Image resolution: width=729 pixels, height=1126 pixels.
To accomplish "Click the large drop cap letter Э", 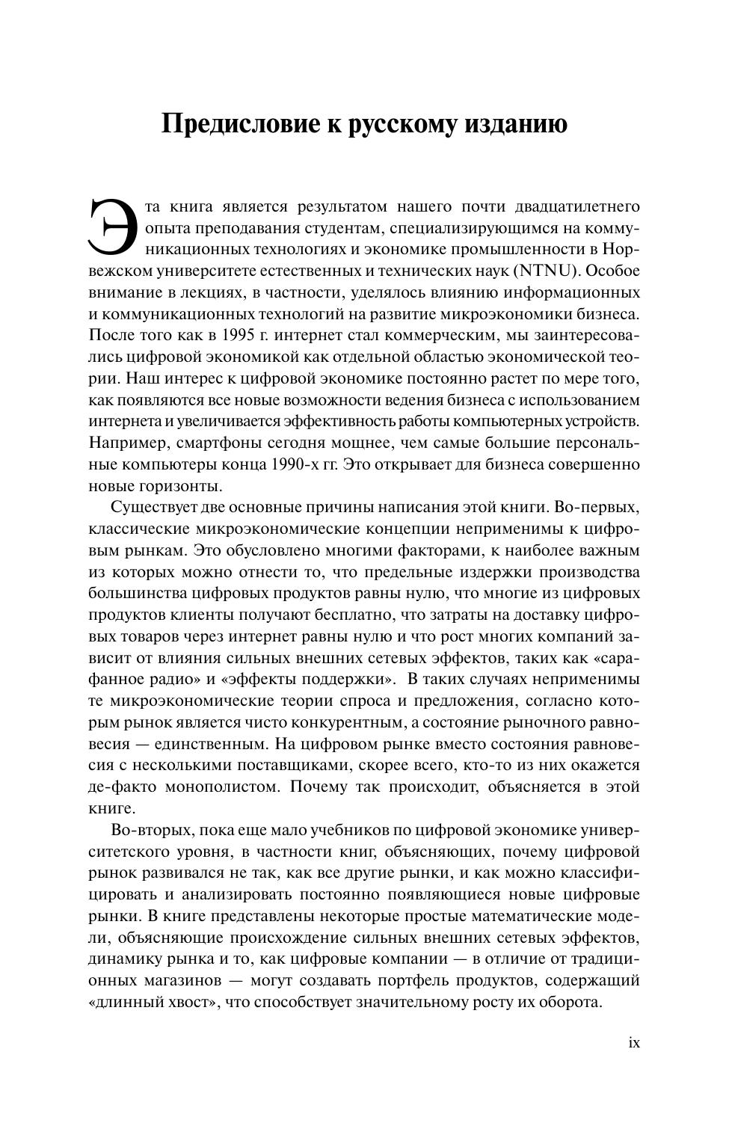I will [111, 224].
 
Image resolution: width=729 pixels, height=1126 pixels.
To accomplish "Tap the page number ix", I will [634, 1042].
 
